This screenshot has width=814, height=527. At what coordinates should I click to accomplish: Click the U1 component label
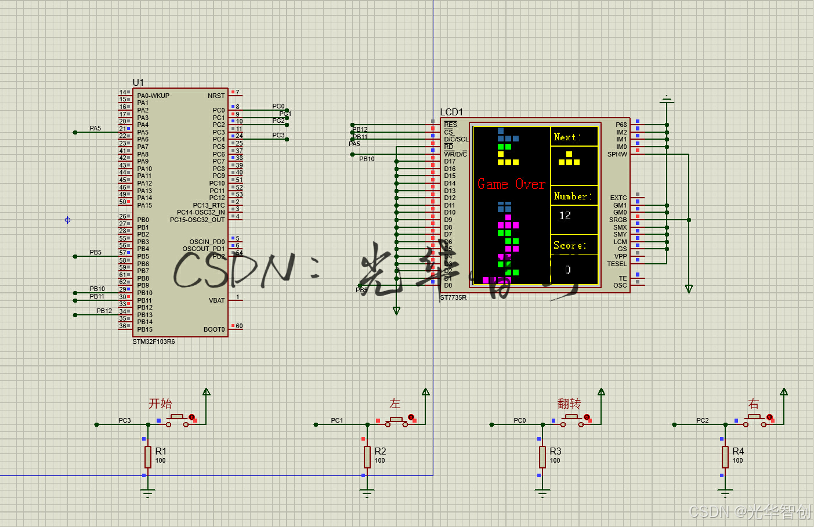coord(138,82)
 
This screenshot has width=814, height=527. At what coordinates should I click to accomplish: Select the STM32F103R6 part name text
coord(154,341)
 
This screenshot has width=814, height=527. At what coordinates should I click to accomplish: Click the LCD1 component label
coord(451,112)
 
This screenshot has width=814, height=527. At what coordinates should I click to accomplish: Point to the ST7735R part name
coord(453,297)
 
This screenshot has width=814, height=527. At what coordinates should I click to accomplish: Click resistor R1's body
coord(148,457)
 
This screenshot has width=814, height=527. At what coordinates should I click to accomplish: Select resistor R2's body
coord(367,457)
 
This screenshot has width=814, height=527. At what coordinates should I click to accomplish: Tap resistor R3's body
coord(542,457)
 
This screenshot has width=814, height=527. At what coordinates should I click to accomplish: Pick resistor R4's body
coord(725,457)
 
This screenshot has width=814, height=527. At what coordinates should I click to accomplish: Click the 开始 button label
coord(160,404)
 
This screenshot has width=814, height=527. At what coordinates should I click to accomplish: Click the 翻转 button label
coord(569,404)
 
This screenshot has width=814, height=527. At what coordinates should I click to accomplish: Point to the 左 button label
coord(395,404)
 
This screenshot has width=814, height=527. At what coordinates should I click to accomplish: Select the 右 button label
coord(754,404)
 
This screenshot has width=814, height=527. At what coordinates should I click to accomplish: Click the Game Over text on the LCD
coord(511,184)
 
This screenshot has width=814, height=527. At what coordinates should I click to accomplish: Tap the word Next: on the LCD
coord(566,137)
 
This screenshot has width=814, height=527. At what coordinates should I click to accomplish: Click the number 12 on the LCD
coord(565,216)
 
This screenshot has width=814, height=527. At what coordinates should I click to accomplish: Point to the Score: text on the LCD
coord(570,245)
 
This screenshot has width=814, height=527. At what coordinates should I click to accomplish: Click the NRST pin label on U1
coord(216,96)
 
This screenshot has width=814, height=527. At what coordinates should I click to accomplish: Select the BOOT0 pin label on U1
coord(214,329)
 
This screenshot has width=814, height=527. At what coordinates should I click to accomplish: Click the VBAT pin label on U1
coord(216,300)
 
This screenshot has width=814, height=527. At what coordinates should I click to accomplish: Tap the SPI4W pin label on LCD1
coord(617,154)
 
